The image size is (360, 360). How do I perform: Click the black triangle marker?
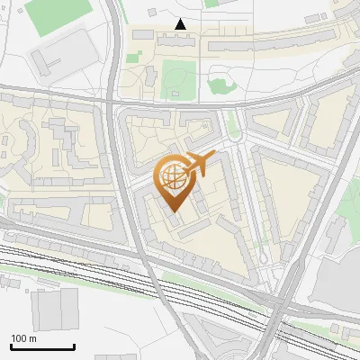point(181,24)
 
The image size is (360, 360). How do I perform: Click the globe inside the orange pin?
point(172,175)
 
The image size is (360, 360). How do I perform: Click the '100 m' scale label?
point(23,338)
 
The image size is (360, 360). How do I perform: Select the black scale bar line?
point(42,347)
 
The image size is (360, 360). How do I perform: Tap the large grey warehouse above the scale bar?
point(55,307)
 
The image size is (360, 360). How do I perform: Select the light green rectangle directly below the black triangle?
point(177,79)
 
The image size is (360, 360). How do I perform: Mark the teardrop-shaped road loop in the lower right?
point(264,260)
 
